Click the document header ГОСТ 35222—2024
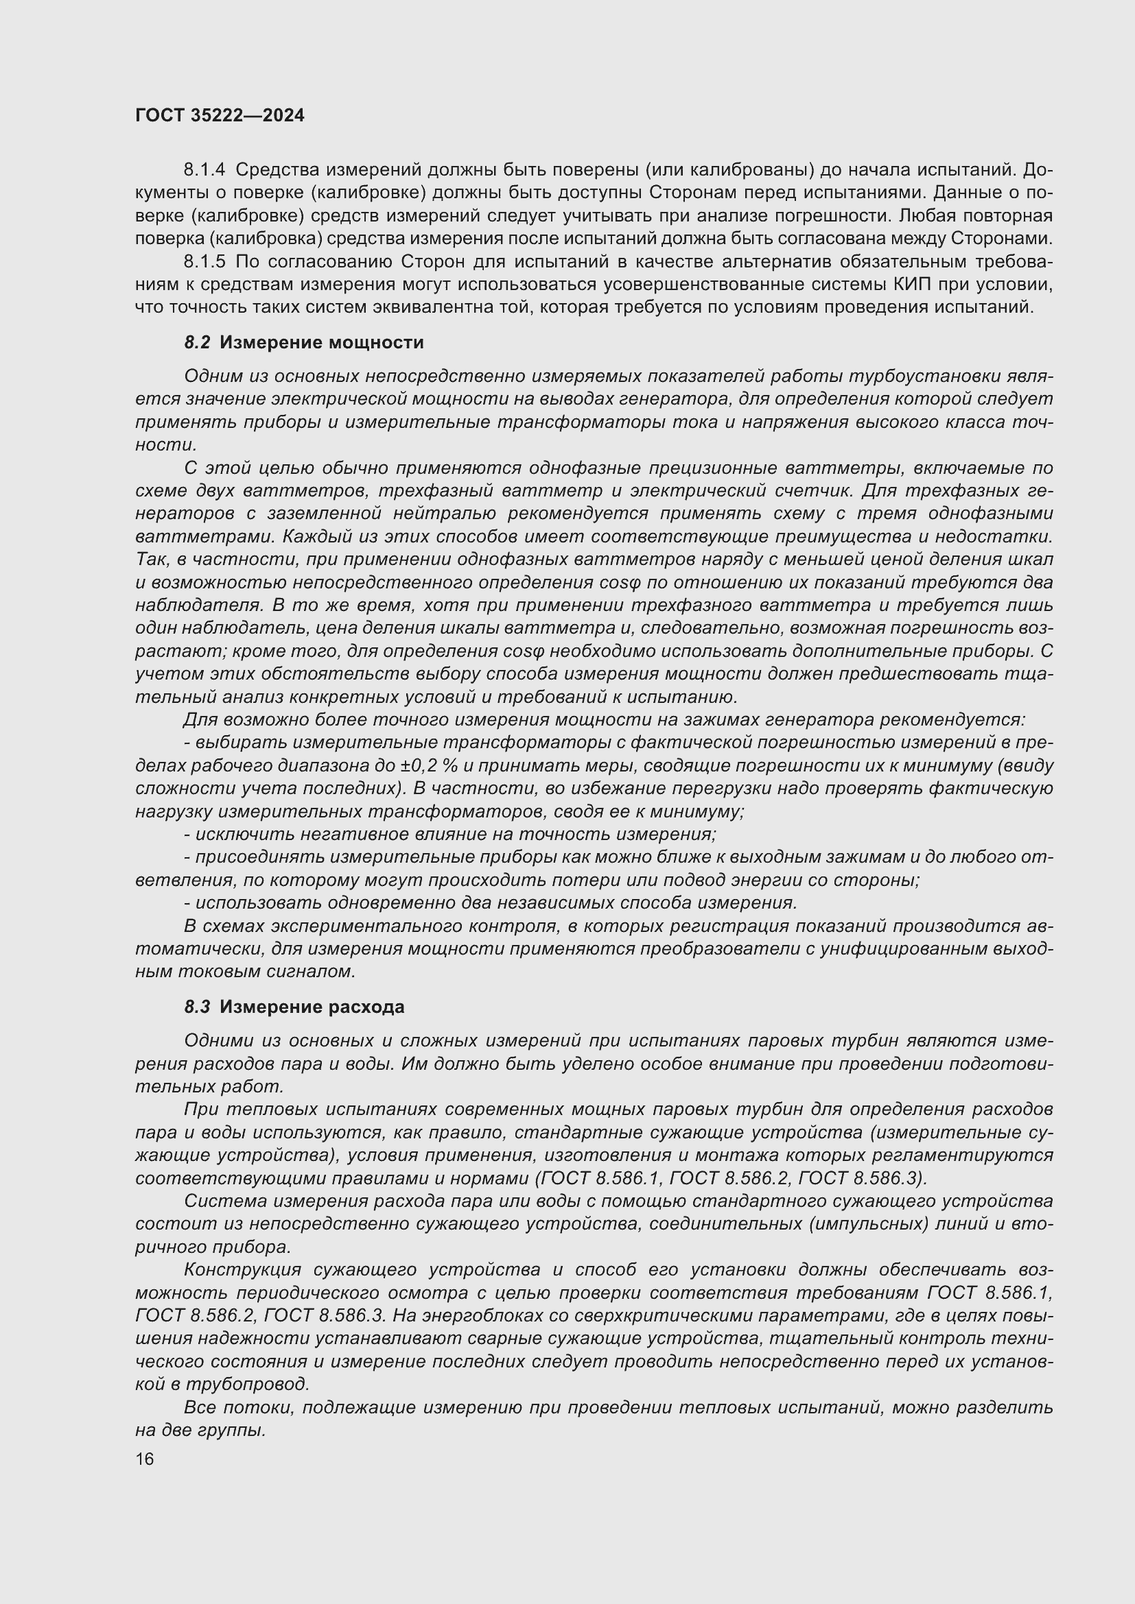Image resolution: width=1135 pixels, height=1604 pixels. pyautogui.click(x=220, y=115)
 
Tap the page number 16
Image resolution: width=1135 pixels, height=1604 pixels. pyautogui.click(x=145, y=1459)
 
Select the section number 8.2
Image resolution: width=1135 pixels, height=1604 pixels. pyautogui.click(x=197, y=342)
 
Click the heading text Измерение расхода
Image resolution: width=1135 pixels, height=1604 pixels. pyautogui.click(x=312, y=1007)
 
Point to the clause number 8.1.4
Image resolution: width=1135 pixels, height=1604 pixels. pyautogui.click(x=204, y=170)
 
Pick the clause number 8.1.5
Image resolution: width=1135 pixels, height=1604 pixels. pyautogui.click(x=204, y=261)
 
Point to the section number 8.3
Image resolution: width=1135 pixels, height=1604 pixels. pyautogui.click(x=197, y=1007)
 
